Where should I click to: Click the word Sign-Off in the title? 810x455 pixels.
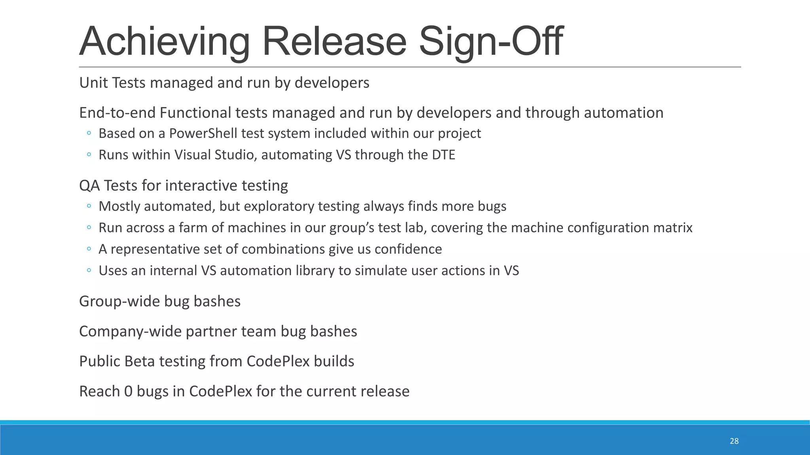click(490, 41)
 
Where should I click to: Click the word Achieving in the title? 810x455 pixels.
click(165, 41)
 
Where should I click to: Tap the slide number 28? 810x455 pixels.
click(734, 441)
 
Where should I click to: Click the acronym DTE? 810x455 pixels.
click(443, 155)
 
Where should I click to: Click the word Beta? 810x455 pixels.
click(139, 361)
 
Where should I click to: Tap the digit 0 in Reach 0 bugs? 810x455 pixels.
click(128, 391)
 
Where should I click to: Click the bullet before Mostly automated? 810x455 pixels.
click(89, 206)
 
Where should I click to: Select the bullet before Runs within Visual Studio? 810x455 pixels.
click(89, 155)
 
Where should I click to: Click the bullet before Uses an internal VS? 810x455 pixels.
click(89, 271)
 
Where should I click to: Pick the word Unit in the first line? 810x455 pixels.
click(93, 83)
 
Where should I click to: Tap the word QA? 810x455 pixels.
click(89, 186)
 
